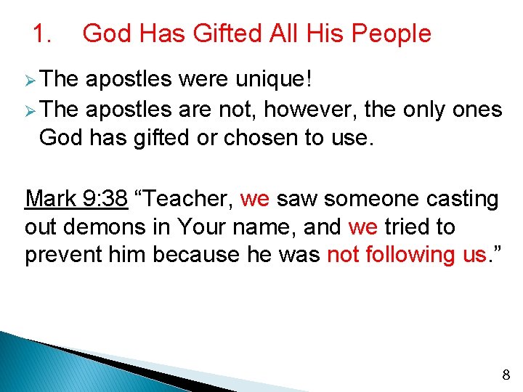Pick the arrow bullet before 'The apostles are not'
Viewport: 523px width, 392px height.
point(30,110)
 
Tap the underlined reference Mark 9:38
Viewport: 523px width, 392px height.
point(76,198)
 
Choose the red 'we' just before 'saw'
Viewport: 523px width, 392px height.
point(254,198)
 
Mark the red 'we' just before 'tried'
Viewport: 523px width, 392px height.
point(363,226)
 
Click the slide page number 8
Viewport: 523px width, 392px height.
point(506,375)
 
